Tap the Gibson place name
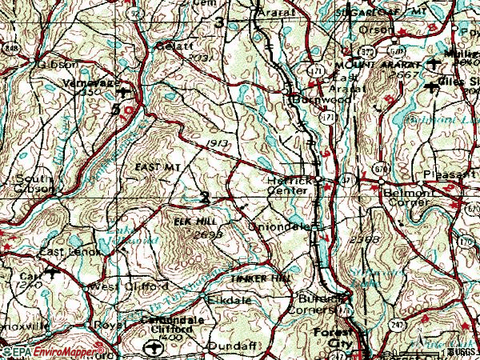tap(43, 63)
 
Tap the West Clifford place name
tap(129, 286)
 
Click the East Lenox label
tap(70, 252)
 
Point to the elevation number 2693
tap(206, 234)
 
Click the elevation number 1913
tap(212, 142)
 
